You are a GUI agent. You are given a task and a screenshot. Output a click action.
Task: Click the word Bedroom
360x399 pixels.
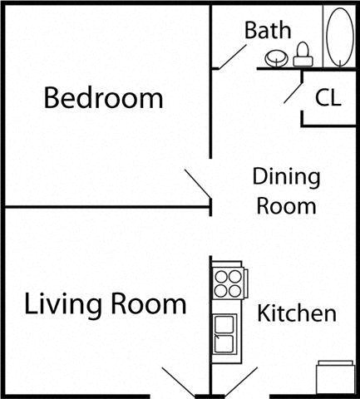(103, 99)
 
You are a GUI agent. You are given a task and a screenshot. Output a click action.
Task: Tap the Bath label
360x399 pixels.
(268, 31)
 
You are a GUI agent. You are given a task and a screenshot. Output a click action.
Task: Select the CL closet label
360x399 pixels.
(328, 98)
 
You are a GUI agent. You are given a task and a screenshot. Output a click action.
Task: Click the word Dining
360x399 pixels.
(286, 177)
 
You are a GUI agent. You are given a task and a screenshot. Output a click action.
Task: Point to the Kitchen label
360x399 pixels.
(297, 314)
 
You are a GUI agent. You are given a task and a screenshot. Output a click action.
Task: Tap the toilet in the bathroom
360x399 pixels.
(303, 54)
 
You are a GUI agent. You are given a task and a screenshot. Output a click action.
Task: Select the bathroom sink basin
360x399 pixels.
(276, 58)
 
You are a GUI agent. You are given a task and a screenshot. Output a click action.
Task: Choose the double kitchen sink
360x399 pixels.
(224, 335)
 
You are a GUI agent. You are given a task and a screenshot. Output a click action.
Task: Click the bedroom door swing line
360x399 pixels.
(197, 185)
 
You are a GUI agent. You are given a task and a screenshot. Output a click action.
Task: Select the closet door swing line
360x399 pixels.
(293, 91)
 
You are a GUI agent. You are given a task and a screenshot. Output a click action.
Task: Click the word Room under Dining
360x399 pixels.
(286, 205)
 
